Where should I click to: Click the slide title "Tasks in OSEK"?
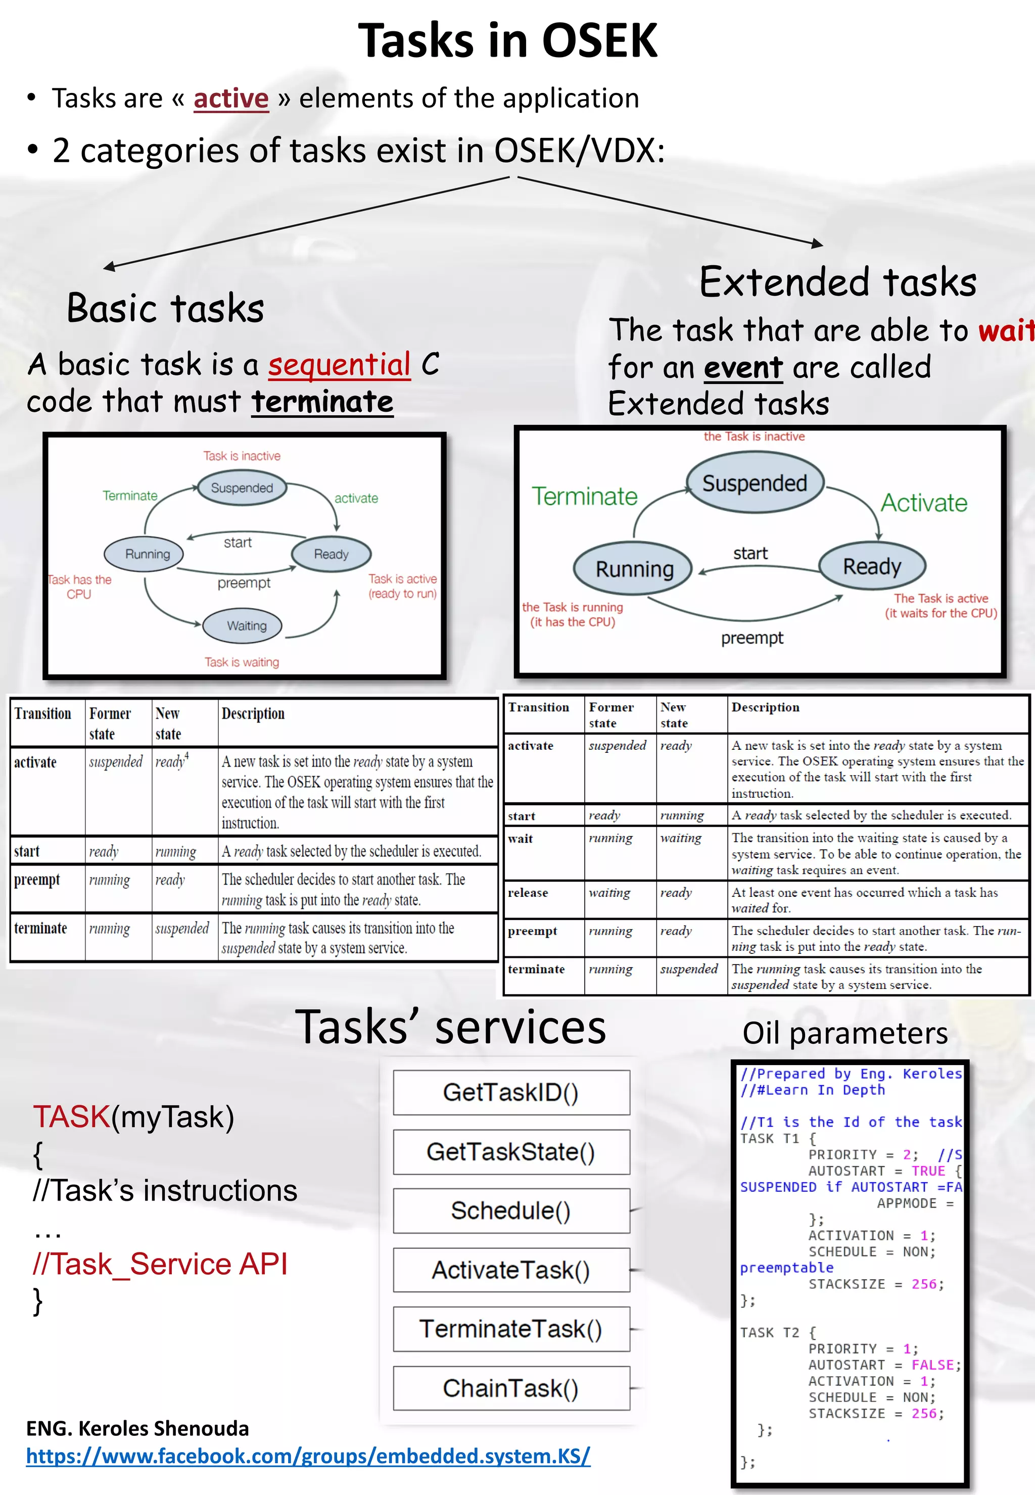click(508, 41)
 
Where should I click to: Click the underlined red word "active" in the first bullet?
click(231, 99)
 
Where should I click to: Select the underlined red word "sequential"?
click(339, 364)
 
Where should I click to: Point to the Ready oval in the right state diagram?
click(872, 566)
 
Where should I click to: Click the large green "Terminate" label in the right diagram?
click(584, 497)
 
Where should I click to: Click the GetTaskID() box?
click(511, 1092)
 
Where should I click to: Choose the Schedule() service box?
click(511, 1211)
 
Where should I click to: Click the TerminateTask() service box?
click(511, 1329)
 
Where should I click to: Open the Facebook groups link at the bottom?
click(308, 1456)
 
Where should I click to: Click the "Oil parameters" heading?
click(844, 1033)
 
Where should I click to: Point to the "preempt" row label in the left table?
click(37, 880)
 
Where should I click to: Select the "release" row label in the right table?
click(528, 893)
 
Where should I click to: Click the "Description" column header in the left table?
click(253, 714)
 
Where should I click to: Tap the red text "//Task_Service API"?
click(160, 1264)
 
